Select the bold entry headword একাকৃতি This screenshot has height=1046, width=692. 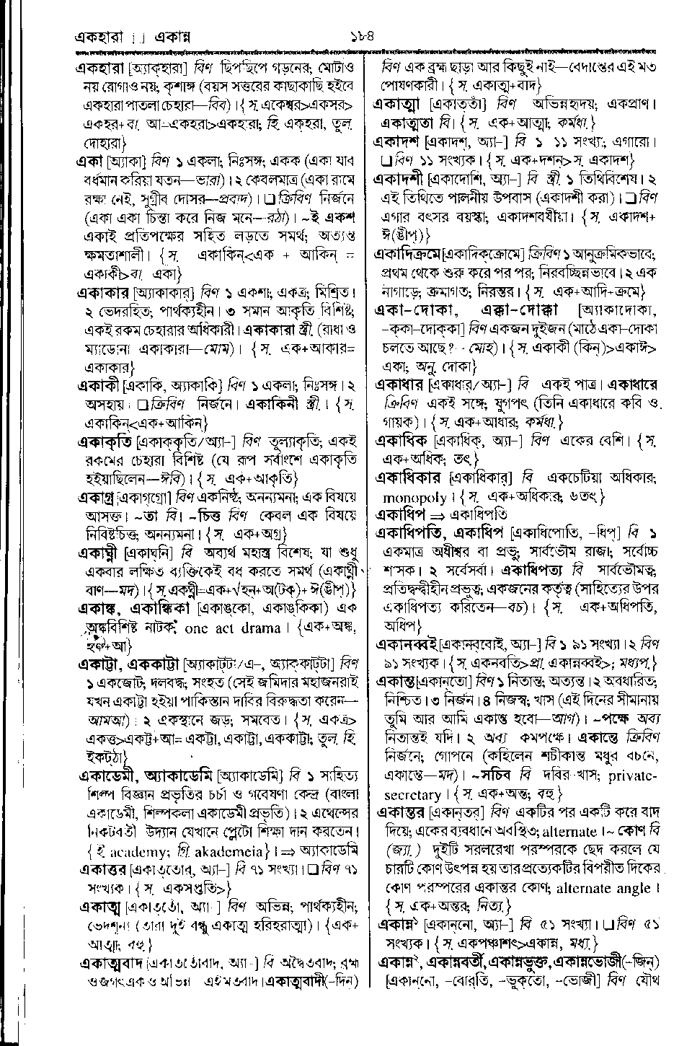point(106,440)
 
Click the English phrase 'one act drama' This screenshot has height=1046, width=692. point(231,628)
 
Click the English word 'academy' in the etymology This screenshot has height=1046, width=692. point(123,848)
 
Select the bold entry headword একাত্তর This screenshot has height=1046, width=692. point(103,869)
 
